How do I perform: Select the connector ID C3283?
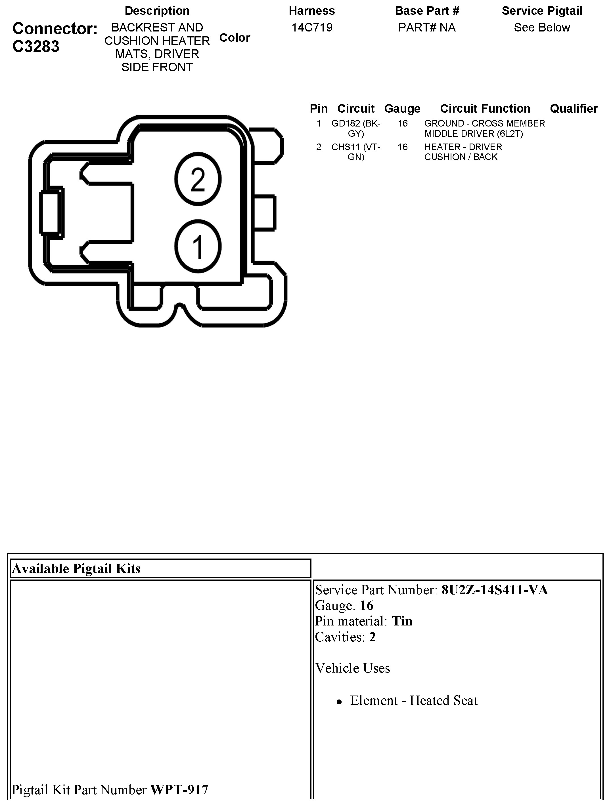(x=36, y=47)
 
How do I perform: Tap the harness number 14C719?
(x=312, y=28)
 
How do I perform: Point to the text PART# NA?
(x=427, y=28)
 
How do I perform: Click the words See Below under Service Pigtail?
(x=542, y=28)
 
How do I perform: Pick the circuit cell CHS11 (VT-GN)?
(x=356, y=152)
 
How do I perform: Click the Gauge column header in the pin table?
(x=402, y=109)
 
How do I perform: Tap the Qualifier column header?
(x=574, y=109)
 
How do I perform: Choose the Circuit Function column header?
(x=485, y=109)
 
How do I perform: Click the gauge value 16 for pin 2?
(x=402, y=147)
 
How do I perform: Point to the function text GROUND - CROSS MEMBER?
(x=484, y=124)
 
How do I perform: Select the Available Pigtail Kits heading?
(x=76, y=569)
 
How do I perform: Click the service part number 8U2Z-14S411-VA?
(x=495, y=590)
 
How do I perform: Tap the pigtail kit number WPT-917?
(x=179, y=790)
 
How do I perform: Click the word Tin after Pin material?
(x=402, y=621)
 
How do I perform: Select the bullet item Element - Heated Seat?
(x=414, y=700)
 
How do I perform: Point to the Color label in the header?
(x=235, y=38)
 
